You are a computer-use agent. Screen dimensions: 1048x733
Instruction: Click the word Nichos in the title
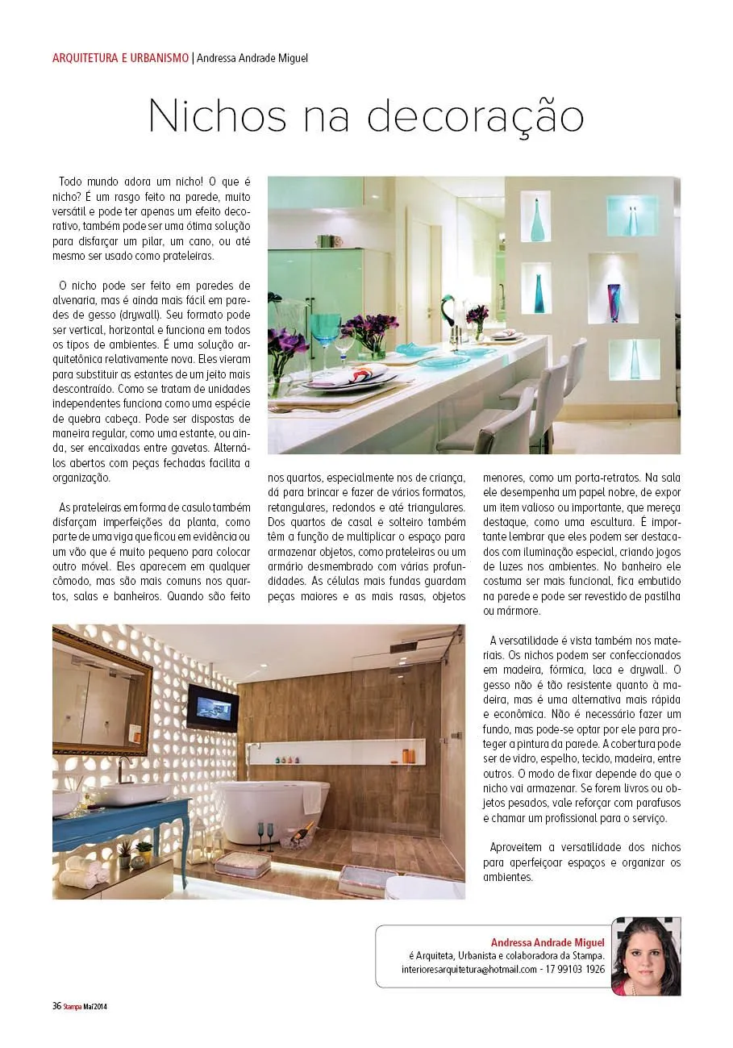point(218,116)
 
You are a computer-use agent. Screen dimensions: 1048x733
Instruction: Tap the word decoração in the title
point(476,116)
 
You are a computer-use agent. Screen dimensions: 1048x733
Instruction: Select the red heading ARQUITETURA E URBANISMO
point(119,58)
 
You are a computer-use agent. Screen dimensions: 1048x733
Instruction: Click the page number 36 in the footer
point(56,1005)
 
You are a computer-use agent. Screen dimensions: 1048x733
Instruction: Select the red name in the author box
point(548,942)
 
